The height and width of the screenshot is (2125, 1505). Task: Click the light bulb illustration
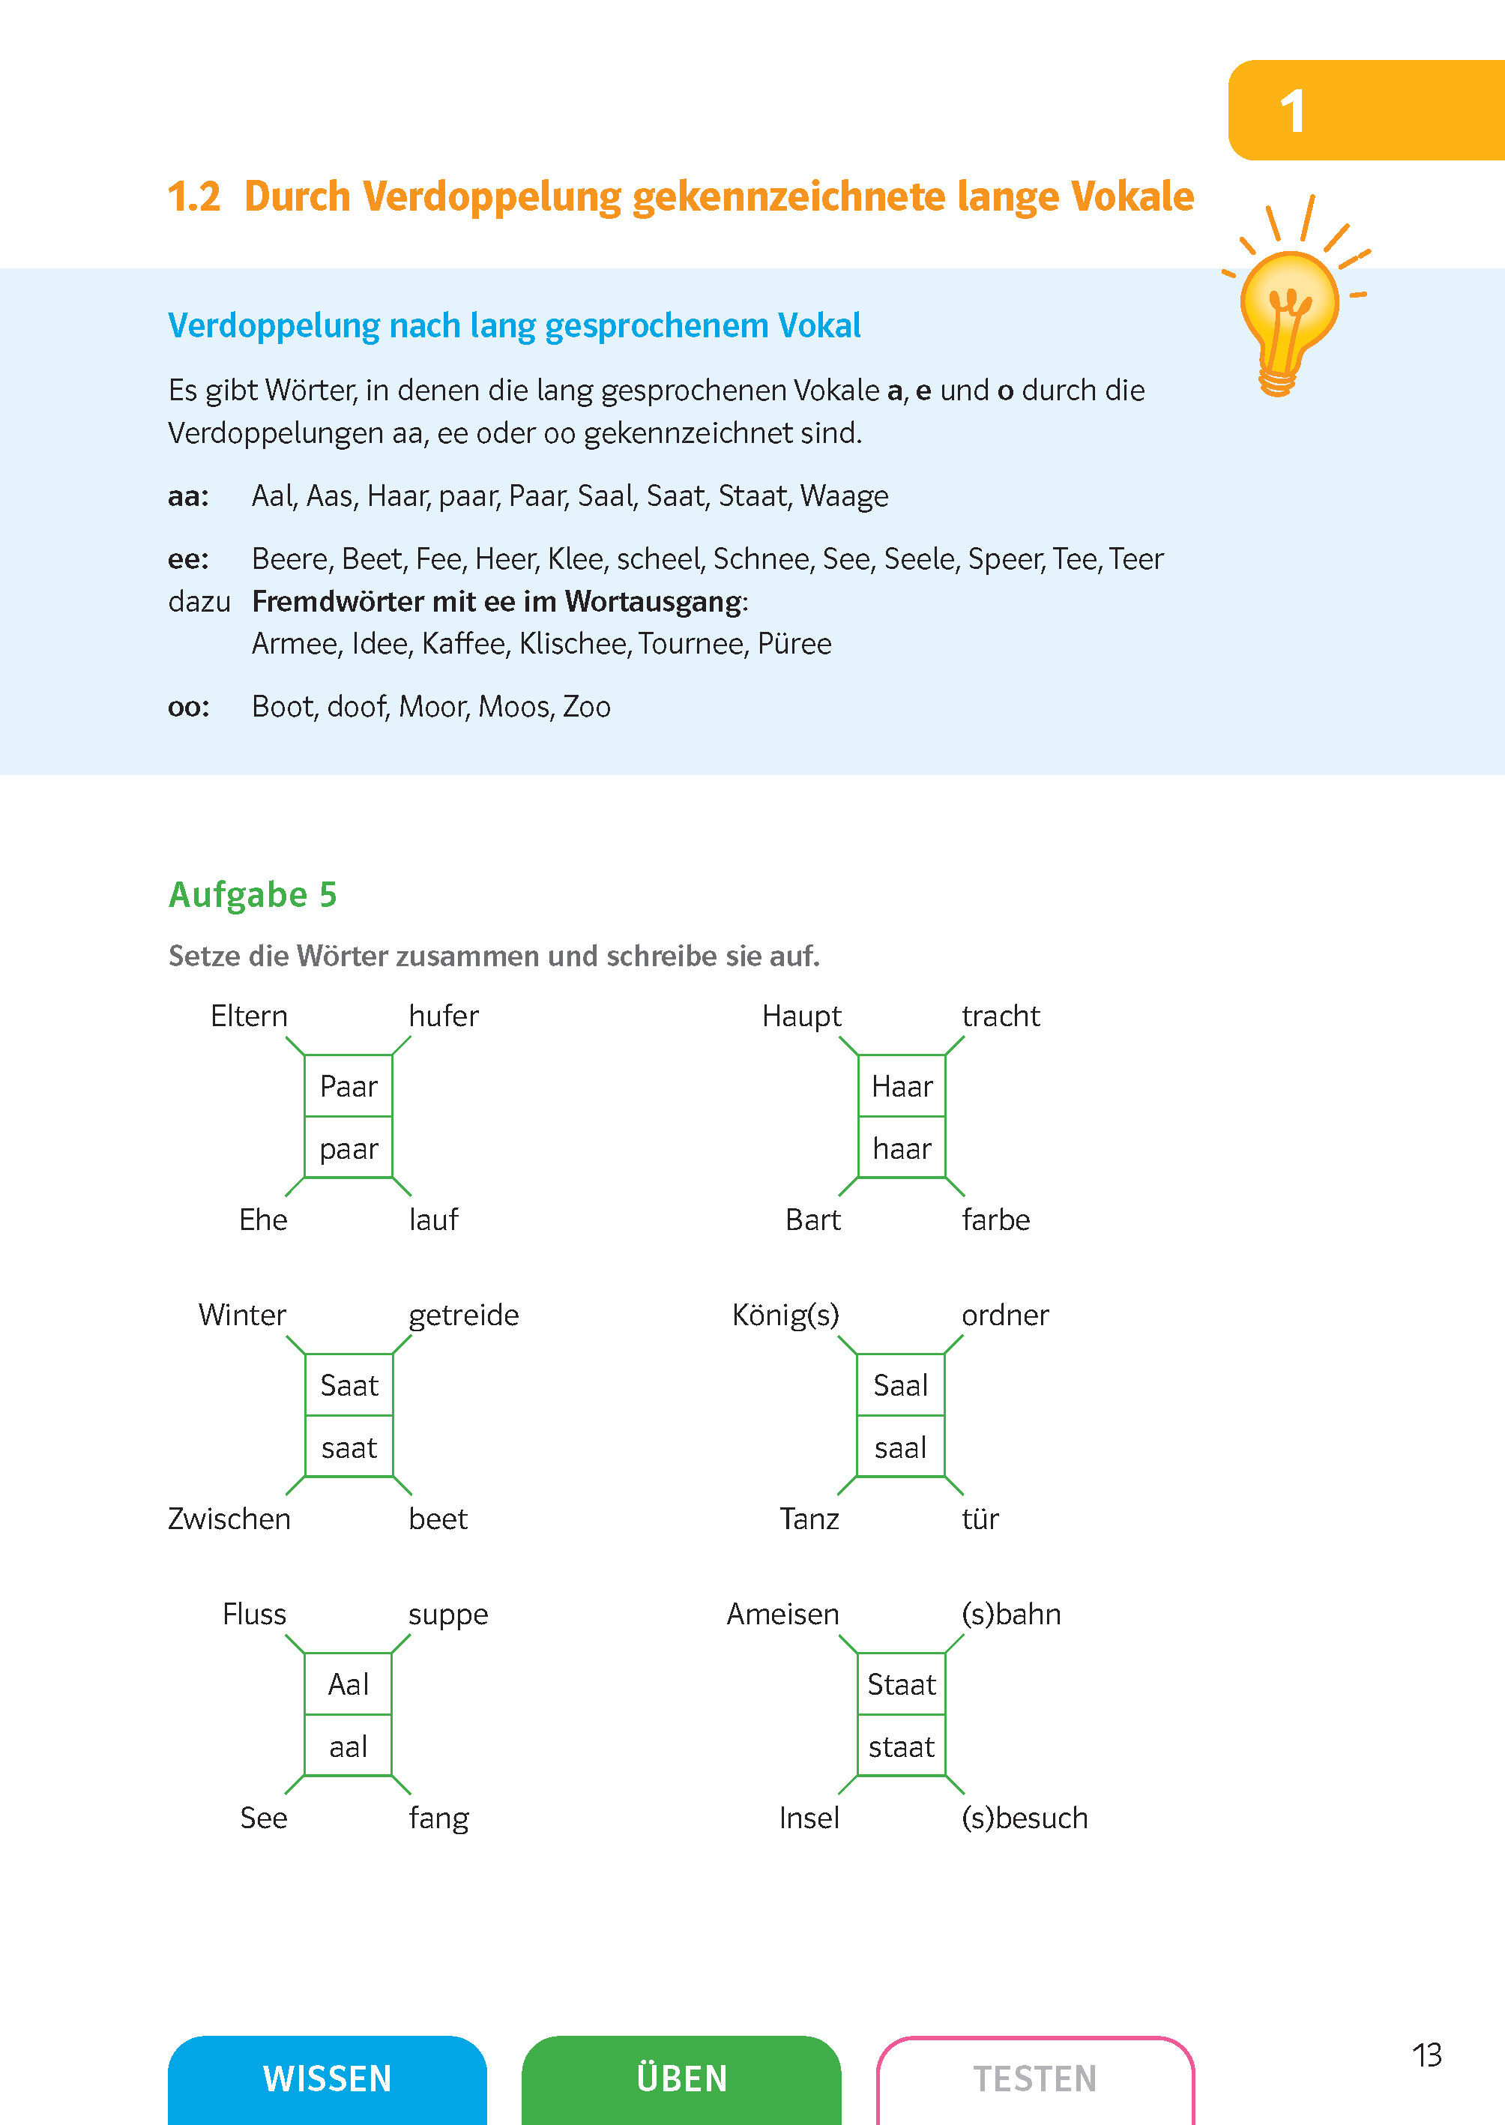pos(1289,310)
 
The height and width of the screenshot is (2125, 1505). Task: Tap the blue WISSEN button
pos(327,2078)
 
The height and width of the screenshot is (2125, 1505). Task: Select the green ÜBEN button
pos(681,2078)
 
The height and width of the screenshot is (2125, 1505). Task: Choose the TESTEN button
pos(1034,2078)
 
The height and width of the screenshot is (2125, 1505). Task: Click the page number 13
pos(1426,2055)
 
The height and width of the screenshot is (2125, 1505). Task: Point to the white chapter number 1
pos(1293,112)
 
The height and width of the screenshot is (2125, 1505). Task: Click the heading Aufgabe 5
pos(252,894)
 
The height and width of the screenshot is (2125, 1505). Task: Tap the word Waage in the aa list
pos(843,495)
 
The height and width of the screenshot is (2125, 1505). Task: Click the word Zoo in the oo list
pos(587,706)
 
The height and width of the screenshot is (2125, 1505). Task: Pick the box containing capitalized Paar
pos(349,1085)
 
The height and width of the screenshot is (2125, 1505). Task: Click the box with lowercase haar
pos(902,1148)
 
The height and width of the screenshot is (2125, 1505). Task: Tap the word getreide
pos(463,1315)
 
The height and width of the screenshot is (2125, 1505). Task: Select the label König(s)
pos(785,1315)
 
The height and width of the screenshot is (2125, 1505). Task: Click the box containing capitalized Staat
pos(902,1684)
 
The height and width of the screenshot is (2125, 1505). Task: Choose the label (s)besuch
pos(1024,1818)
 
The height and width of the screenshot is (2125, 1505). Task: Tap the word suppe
pos(447,1615)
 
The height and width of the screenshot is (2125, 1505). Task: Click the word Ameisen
pos(782,1615)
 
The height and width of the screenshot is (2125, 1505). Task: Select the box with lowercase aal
pos(349,1746)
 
